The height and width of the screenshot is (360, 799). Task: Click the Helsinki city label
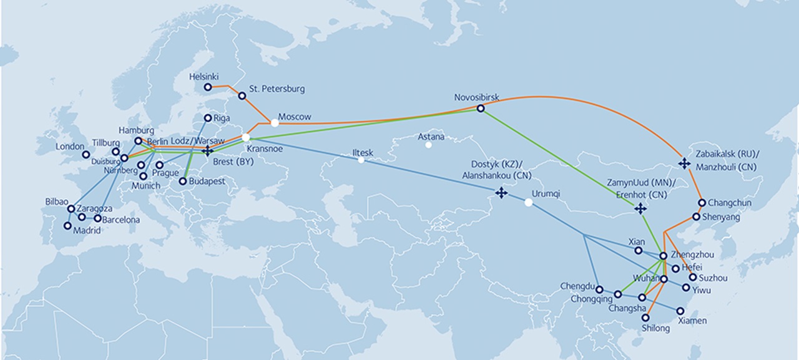(x=203, y=77)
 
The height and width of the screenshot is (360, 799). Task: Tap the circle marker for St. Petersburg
(x=242, y=95)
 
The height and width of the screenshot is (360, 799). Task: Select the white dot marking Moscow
(x=275, y=123)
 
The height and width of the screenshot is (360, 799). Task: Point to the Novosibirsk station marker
(x=480, y=109)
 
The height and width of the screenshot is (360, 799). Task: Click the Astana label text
(x=431, y=136)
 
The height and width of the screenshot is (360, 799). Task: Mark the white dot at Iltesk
(x=361, y=160)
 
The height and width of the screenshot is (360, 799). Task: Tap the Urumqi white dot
(x=529, y=202)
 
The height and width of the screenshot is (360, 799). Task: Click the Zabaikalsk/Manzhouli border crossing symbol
(x=684, y=163)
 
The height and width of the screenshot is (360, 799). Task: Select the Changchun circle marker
(x=702, y=203)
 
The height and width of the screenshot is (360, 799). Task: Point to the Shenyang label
(x=721, y=217)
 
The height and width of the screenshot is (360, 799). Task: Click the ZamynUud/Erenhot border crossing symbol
(x=640, y=208)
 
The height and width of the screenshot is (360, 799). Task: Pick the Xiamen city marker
(x=680, y=310)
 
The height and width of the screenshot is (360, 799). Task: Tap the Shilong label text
(x=655, y=328)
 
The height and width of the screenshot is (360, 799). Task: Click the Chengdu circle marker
(x=599, y=289)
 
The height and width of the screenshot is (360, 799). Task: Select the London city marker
(x=86, y=154)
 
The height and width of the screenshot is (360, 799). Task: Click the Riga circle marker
(x=208, y=117)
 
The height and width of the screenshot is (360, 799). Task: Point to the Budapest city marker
(x=182, y=182)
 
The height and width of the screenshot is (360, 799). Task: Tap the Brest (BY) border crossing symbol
(x=208, y=150)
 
